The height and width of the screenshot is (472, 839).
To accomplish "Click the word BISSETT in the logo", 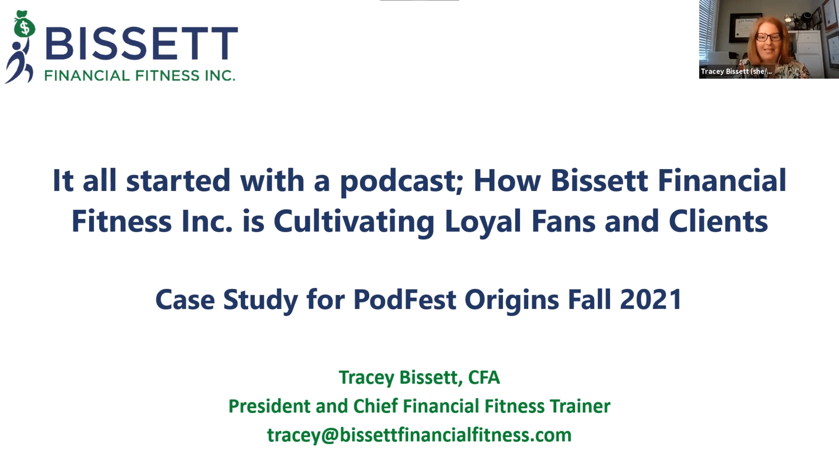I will click(x=142, y=44).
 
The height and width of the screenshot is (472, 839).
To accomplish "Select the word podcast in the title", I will click(x=397, y=181).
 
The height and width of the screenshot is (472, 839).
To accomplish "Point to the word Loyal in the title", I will click(x=483, y=222).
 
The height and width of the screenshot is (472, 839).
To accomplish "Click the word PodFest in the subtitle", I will click(x=405, y=300).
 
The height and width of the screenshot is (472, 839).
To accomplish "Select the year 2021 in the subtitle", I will click(x=651, y=300).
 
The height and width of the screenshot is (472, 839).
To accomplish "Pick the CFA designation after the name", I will click(x=484, y=377).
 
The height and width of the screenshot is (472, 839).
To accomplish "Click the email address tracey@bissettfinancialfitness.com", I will click(x=419, y=435).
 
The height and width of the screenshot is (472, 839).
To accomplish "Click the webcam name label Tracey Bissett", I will click(x=736, y=72).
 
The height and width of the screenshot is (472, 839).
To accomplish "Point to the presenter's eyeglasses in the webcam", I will click(x=769, y=37).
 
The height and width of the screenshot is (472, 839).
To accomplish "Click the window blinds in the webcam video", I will click(x=708, y=29).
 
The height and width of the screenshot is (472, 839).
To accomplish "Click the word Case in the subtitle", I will click(x=185, y=300).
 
